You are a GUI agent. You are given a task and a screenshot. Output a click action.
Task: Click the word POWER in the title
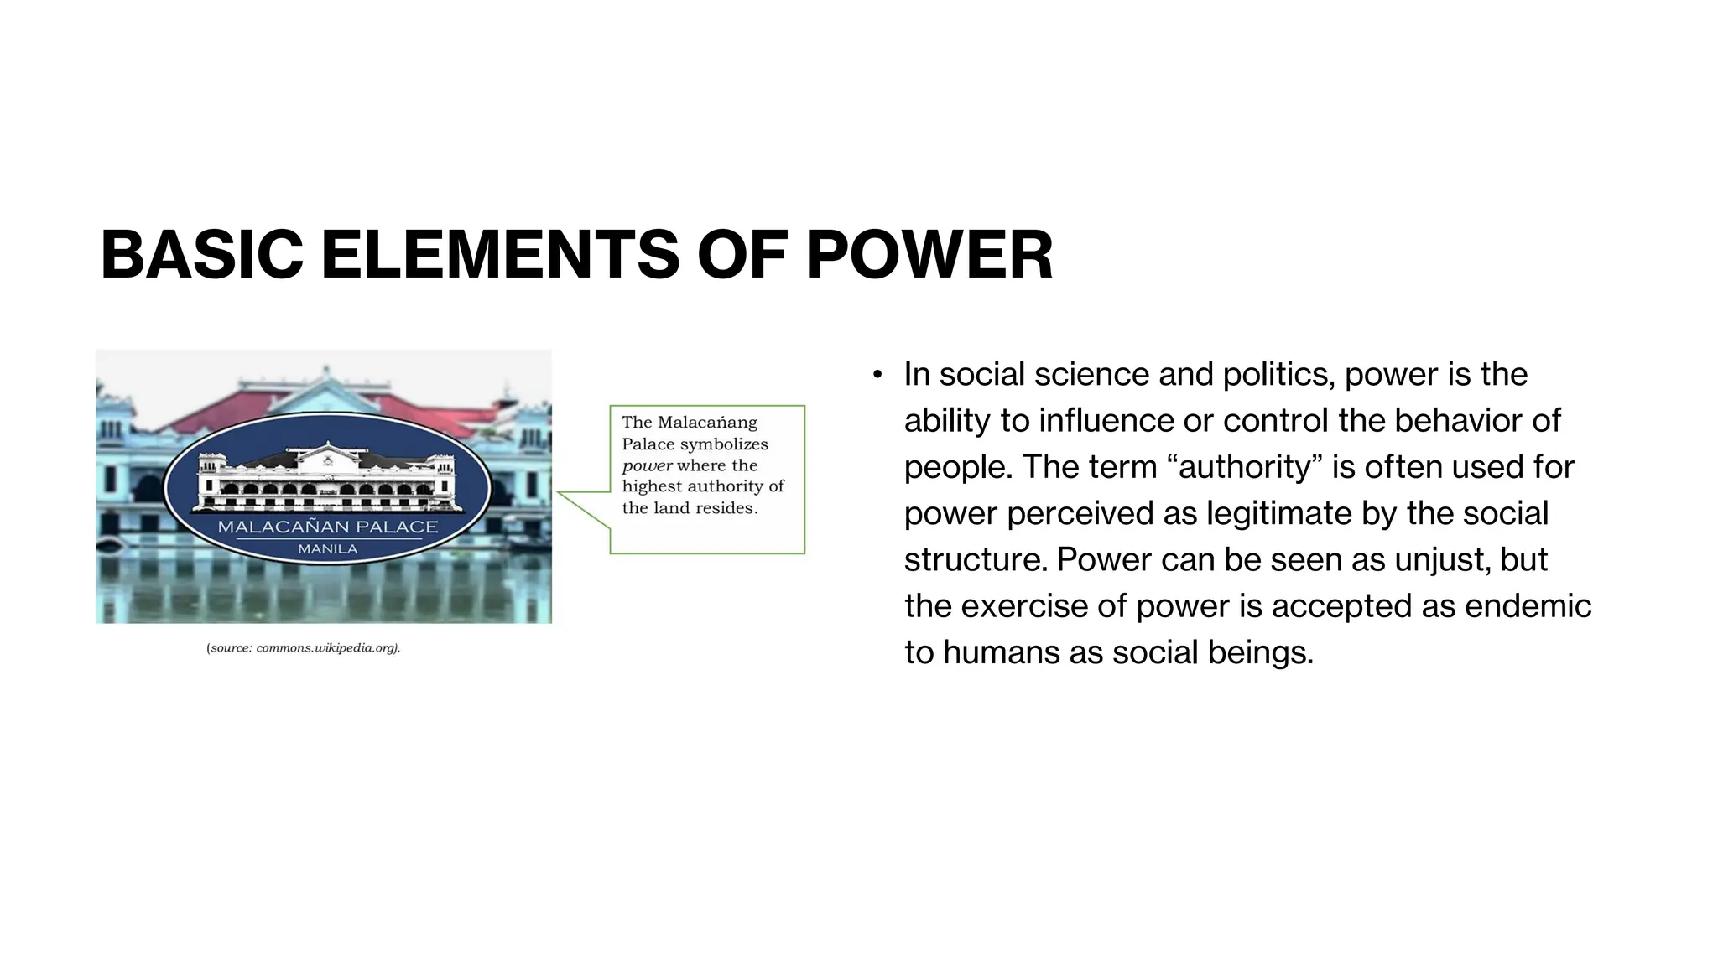[929, 255]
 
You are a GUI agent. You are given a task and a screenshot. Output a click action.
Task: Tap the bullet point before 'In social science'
[877, 375]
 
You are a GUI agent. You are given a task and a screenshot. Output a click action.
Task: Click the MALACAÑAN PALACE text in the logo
[327, 527]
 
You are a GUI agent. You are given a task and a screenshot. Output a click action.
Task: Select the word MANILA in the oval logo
[327, 549]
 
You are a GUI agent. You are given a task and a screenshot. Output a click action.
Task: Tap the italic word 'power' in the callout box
[647, 465]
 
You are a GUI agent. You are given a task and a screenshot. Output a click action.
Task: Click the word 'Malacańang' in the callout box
[707, 423]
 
